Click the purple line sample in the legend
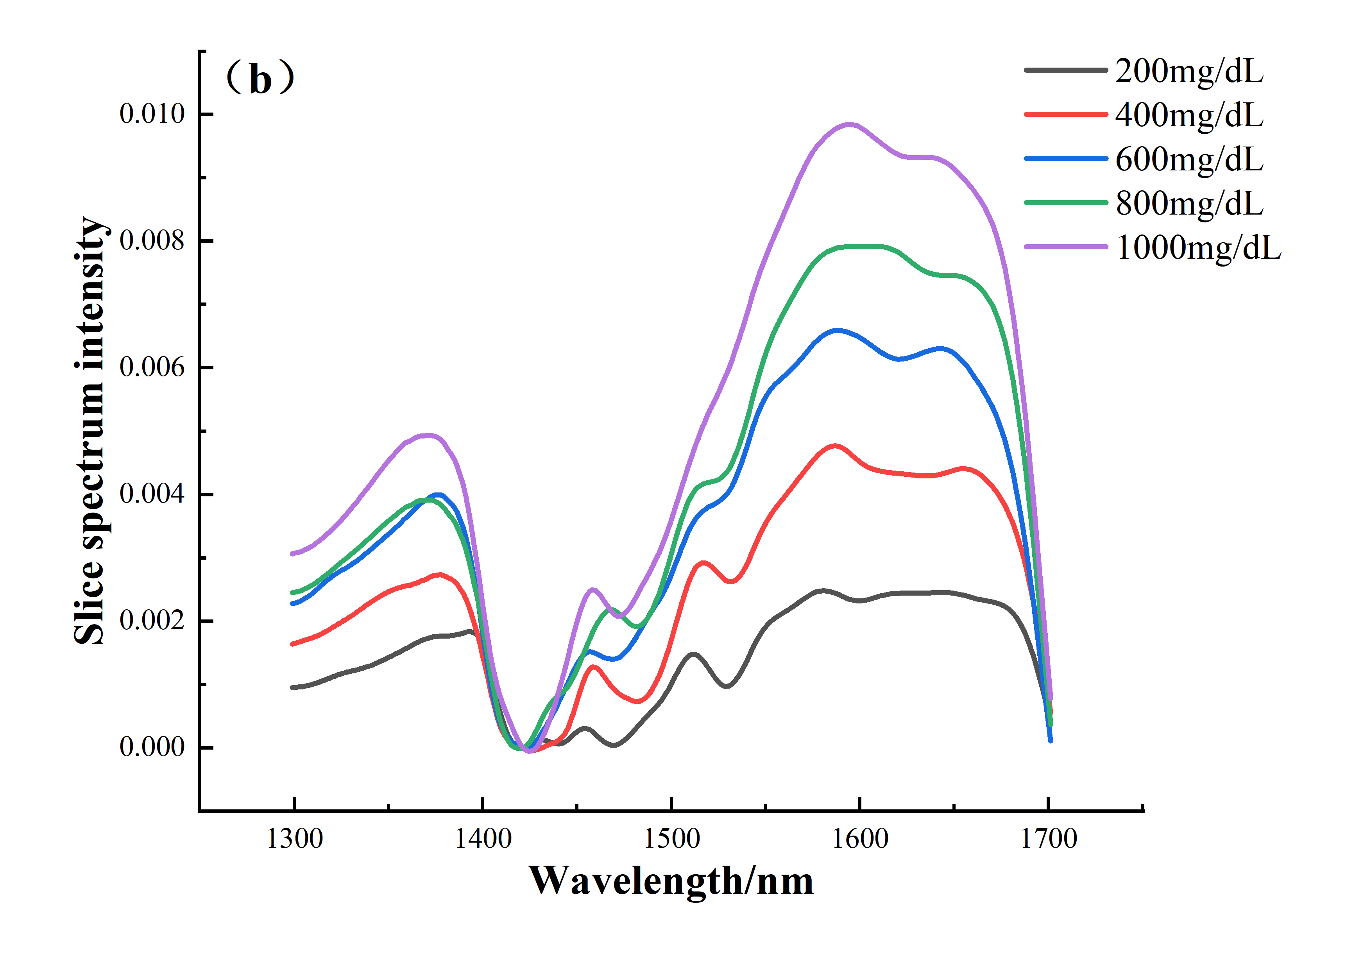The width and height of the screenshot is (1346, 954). [1065, 247]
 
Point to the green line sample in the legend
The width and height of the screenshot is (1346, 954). [1065, 203]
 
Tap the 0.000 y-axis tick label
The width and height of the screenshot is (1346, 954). [152, 747]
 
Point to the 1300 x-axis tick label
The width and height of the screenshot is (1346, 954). [294, 839]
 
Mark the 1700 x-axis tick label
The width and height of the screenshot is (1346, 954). [1049, 839]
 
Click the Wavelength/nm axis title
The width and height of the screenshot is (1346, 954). [671, 881]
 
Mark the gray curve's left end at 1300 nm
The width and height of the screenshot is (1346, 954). [293, 687]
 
